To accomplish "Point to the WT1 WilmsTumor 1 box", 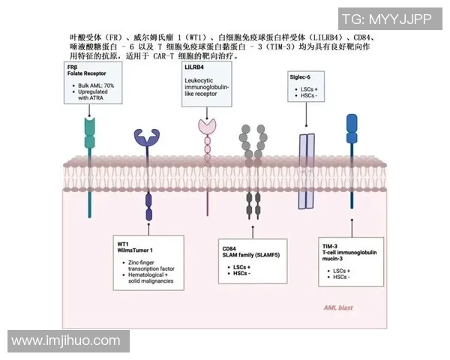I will tap(148, 262).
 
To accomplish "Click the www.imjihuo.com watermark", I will tap(66, 341).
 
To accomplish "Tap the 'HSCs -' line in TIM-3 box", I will tap(341, 277).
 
